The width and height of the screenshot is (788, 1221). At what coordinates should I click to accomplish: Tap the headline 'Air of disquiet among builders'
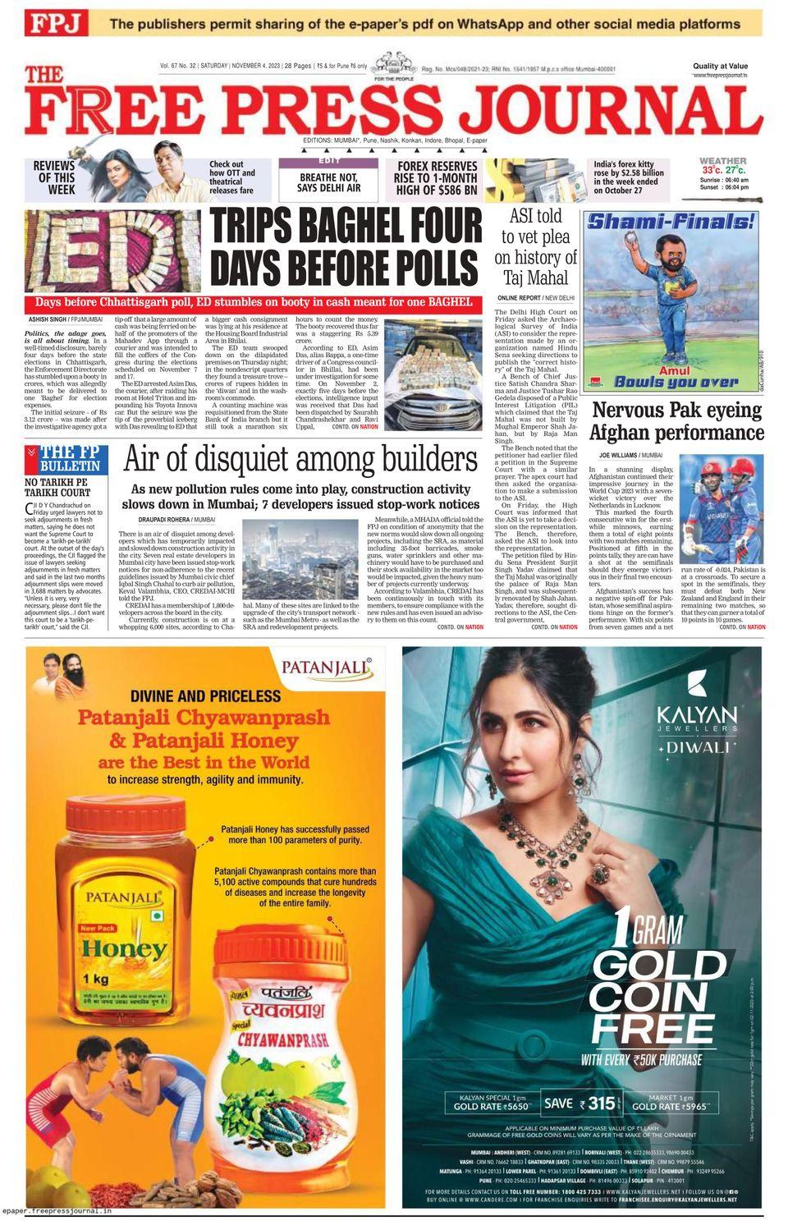tap(300, 461)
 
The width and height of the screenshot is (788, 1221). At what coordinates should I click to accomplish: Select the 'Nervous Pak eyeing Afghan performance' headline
tap(677, 421)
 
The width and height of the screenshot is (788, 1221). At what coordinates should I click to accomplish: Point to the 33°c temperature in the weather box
tap(712, 170)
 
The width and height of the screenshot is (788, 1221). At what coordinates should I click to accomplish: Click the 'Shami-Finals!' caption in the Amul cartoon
tap(671, 221)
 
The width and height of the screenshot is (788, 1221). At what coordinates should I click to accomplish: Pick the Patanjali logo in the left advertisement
tap(327, 667)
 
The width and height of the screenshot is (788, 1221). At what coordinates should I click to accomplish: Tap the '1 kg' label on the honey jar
tap(96, 979)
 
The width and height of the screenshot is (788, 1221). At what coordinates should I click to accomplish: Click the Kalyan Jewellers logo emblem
tap(697, 682)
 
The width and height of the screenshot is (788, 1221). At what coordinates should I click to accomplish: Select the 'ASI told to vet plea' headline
tap(536, 247)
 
